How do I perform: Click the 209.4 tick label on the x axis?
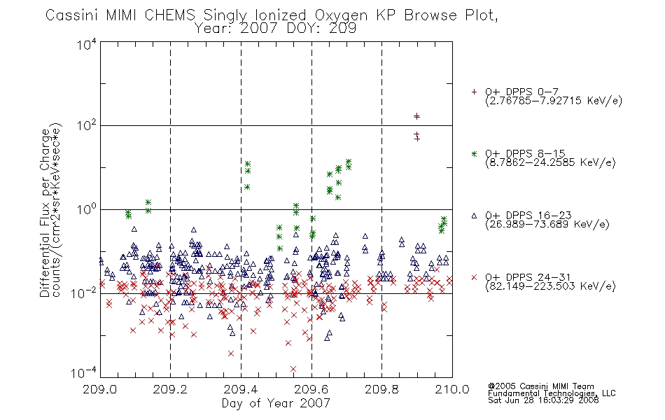[x=241, y=389]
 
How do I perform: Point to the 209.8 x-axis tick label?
[x=381, y=389]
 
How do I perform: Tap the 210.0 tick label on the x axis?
[x=452, y=389]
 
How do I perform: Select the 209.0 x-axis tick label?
[x=100, y=389]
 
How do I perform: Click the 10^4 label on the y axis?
[x=87, y=44]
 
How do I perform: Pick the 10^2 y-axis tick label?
[x=87, y=125]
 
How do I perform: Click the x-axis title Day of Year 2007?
[x=276, y=403]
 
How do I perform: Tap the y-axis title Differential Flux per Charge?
[x=45, y=213]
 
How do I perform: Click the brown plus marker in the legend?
[x=474, y=92]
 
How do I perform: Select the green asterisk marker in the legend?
[x=474, y=153]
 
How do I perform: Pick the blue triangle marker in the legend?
[x=474, y=216]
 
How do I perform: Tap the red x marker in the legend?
[x=474, y=277]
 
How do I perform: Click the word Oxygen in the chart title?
[x=341, y=15]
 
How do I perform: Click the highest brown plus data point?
[x=417, y=116]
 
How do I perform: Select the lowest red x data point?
[x=293, y=369]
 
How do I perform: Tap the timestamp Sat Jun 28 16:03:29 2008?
[x=543, y=400]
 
